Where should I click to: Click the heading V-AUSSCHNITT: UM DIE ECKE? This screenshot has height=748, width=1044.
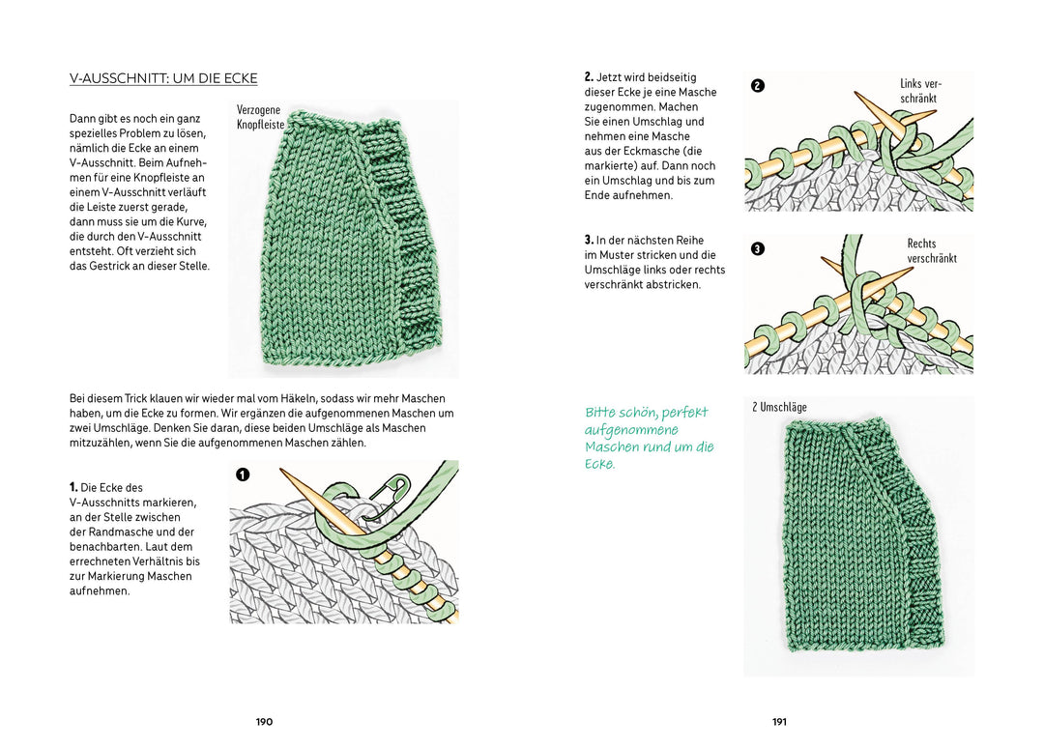click(163, 78)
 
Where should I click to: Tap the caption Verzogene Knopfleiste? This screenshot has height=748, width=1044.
click(260, 118)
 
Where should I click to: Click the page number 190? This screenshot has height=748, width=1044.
click(264, 722)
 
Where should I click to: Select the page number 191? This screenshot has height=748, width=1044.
click(779, 722)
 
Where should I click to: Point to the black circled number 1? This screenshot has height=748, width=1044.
click(243, 475)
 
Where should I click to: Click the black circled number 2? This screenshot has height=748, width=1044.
click(758, 85)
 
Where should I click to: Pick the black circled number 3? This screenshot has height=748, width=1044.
click(758, 248)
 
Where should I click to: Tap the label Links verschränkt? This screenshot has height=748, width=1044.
click(919, 92)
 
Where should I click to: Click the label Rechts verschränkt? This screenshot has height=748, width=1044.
click(931, 251)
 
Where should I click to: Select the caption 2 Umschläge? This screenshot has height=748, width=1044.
click(779, 407)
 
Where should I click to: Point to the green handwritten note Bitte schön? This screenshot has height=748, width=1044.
click(648, 438)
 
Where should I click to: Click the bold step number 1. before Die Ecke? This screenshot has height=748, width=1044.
click(73, 488)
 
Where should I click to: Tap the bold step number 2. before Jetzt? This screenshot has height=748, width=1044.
click(589, 77)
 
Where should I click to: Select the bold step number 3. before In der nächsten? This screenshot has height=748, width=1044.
click(589, 240)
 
